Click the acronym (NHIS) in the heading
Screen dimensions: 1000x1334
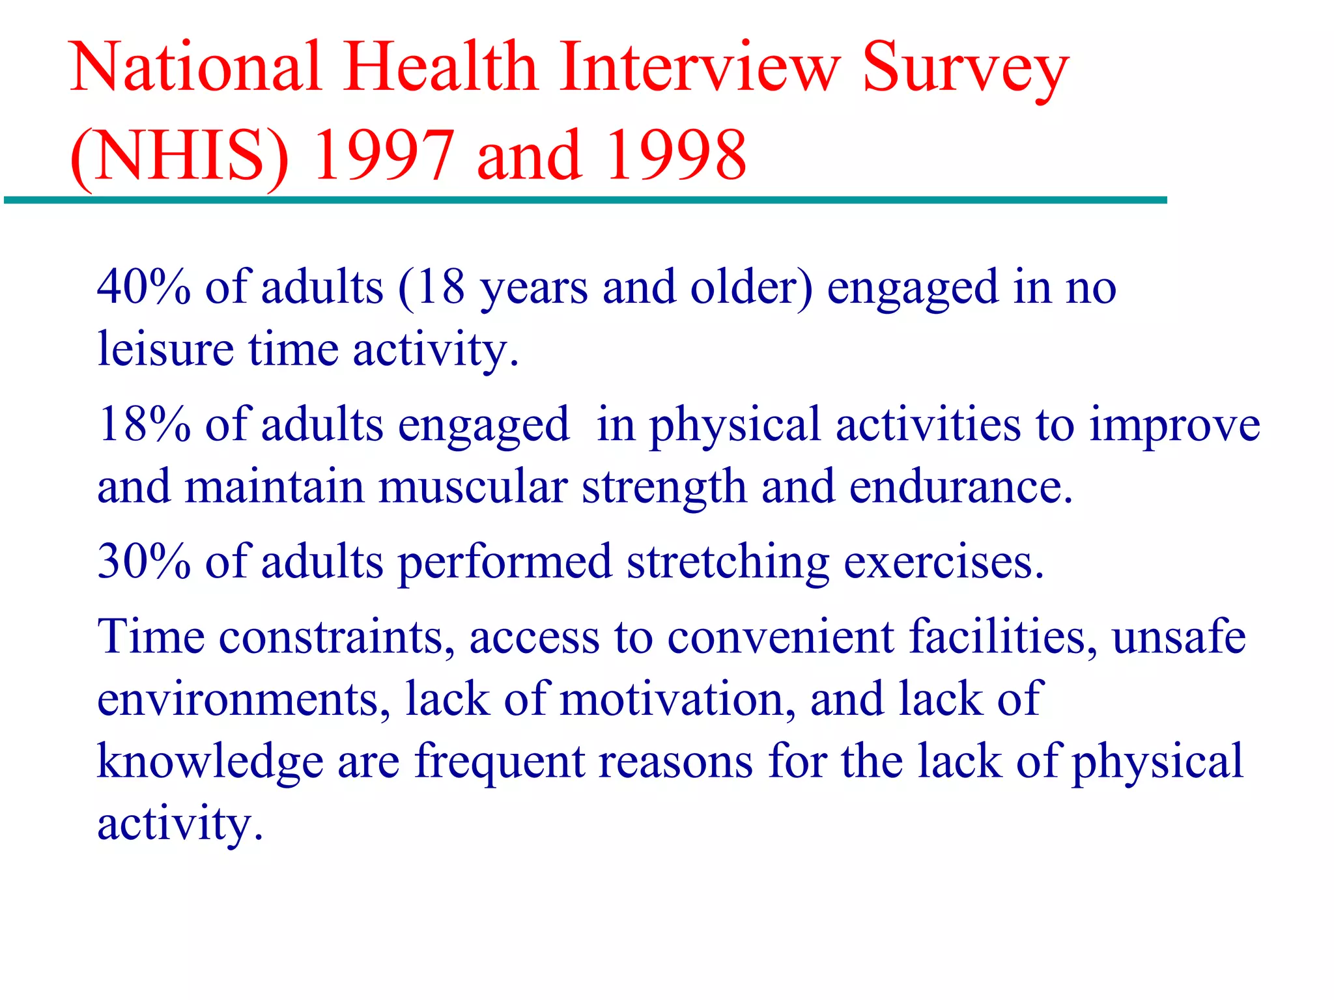point(178,156)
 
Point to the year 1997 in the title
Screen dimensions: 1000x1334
point(383,156)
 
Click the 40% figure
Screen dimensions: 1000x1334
point(144,287)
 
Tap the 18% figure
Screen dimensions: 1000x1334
point(144,425)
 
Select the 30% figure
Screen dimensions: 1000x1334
point(144,562)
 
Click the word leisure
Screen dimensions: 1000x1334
point(165,350)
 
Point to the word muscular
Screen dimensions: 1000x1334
point(473,488)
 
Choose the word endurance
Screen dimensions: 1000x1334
point(960,488)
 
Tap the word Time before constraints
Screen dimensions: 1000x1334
point(150,637)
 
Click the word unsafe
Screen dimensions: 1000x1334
point(1178,637)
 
